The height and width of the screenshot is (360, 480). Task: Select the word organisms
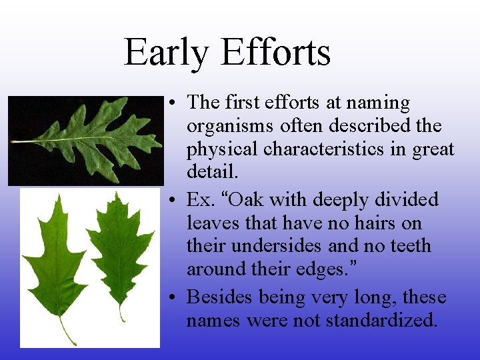(x=230, y=126)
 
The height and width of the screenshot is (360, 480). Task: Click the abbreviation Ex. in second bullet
(x=199, y=199)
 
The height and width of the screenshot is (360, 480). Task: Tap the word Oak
(x=249, y=199)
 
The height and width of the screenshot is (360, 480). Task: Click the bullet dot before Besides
(x=172, y=297)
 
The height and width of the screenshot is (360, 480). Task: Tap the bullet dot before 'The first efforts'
(x=172, y=103)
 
